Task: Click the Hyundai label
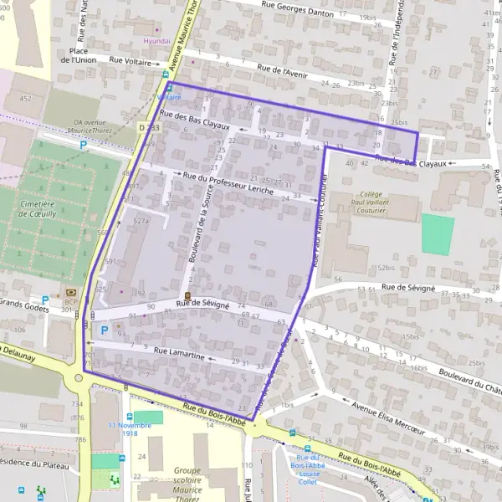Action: [x=156, y=40]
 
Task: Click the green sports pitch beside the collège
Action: [x=438, y=234]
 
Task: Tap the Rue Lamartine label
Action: [x=179, y=355]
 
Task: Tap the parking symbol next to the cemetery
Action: [x=83, y=145]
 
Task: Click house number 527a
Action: [x=141, y=221]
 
